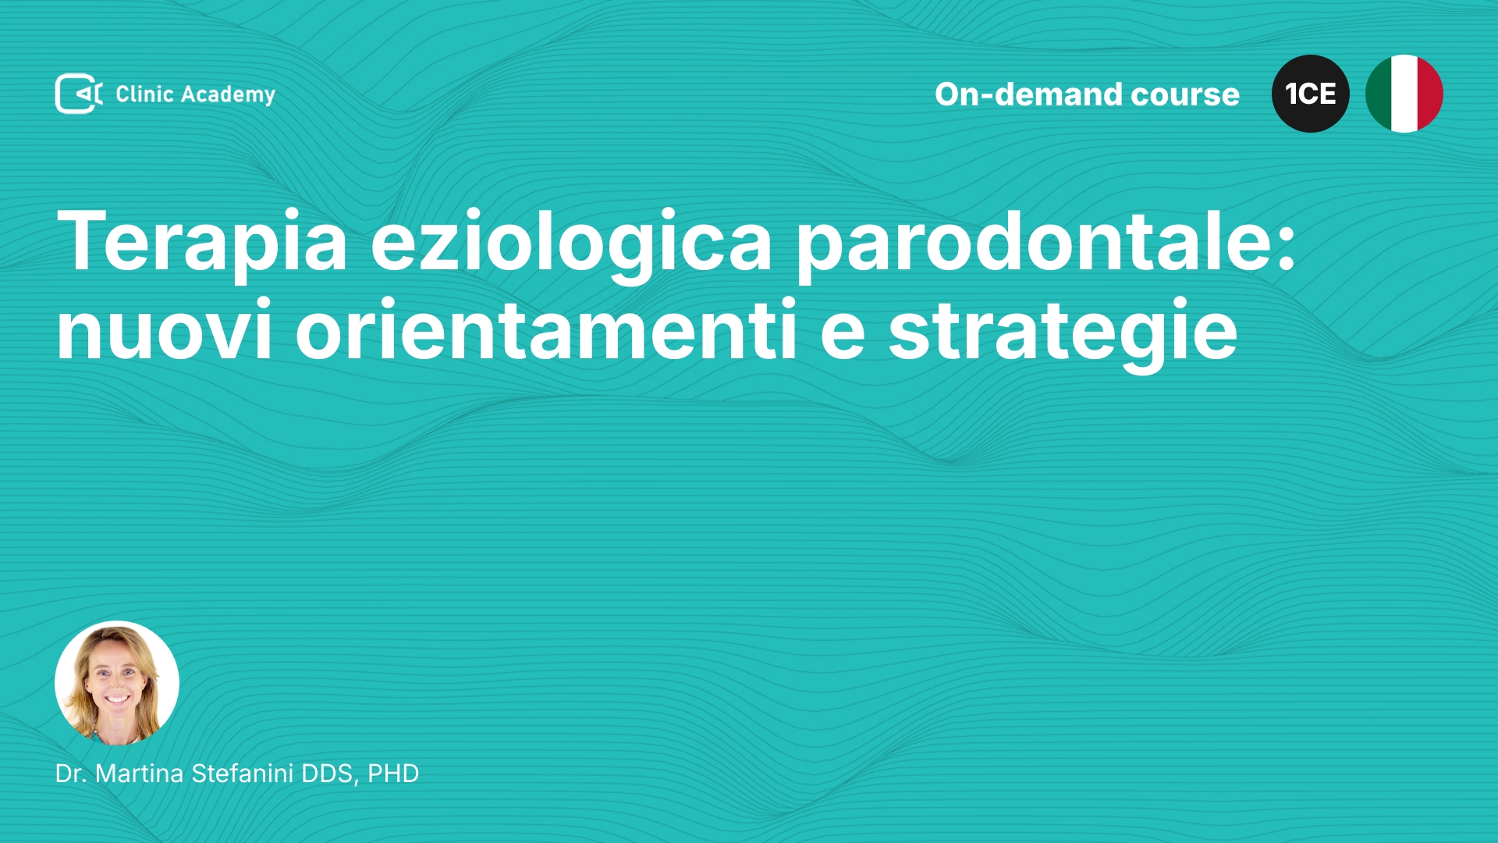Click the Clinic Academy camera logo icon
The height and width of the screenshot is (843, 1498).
(79, 94)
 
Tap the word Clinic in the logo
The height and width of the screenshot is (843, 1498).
(144, 94)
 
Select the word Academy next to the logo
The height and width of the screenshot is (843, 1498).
(228, 95)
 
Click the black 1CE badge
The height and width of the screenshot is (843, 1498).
(1311, 94)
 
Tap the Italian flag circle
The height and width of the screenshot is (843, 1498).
(1404, 94)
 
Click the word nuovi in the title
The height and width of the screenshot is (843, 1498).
(165, 331)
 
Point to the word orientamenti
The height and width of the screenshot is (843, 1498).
(546, 329)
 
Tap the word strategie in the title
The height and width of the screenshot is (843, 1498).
(1063, 333)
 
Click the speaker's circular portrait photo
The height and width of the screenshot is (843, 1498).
(117, 683)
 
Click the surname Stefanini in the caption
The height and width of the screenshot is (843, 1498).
(243, 774)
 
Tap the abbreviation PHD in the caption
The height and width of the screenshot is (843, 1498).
(393, 774)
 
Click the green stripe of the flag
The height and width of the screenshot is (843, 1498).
(1378, 94)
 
